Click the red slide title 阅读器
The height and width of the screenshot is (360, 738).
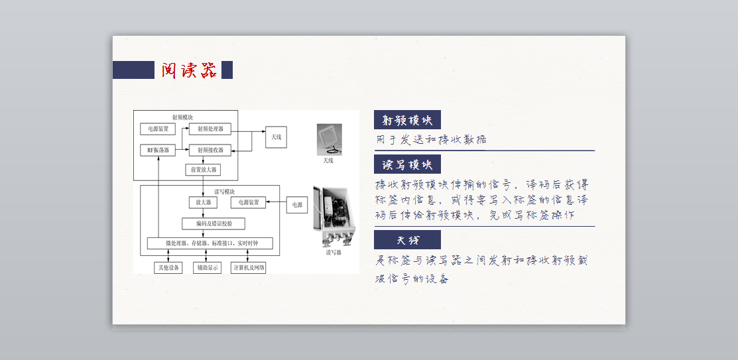click(x=189, y=70)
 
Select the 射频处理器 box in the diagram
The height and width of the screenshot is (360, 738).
click(x=210, y=129)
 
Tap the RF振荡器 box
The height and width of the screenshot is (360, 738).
click(x=158, y=150)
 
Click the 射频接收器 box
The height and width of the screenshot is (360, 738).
click(x=210, y=150)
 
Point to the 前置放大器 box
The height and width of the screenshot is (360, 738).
click(x=202, y=170)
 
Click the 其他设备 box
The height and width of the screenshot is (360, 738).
click(x=167, y=268)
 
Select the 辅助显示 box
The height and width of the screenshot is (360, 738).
click(x=206, y=268)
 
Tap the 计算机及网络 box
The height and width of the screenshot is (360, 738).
click(x=249, y=268)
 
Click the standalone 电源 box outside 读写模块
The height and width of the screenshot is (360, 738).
click(x=296, y=206)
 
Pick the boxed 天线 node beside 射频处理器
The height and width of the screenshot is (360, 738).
click(x=277, y=137)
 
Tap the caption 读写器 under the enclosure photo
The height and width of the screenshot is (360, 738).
click(x=333, y=253)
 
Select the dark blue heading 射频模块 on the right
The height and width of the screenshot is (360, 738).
click(x=407, y=120)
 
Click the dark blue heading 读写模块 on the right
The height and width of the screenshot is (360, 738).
click(x=407, y=164)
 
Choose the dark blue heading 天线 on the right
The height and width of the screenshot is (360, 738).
click(x=407, y=240)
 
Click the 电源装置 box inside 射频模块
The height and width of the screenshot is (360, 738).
click(x=158, y=129)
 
